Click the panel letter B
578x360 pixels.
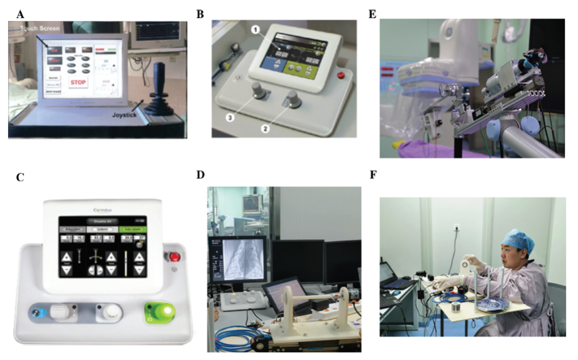pyautogui.click(x=200, y=14)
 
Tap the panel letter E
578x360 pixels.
pyautogui.click(x=372, y=14)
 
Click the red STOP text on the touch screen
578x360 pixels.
pyautogui.click(x=78, y=83)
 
